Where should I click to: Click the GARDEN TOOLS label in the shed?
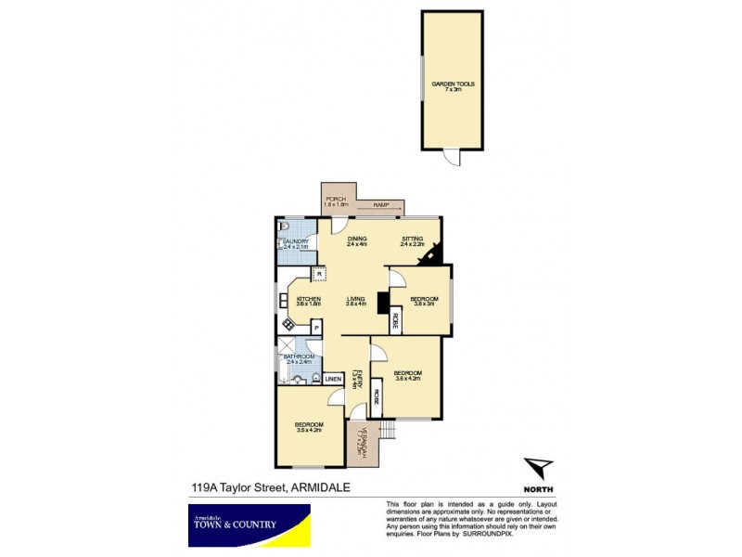453,85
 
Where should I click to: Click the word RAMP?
380,206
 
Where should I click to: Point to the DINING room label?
358,241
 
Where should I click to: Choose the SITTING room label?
412,241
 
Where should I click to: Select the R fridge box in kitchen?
318,274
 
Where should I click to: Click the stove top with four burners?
288,324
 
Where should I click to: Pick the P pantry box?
315,326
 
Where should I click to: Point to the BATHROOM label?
299,358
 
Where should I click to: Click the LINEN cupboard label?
332,379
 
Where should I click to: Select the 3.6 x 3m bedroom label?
424,301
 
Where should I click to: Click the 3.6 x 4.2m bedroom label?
408,377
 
